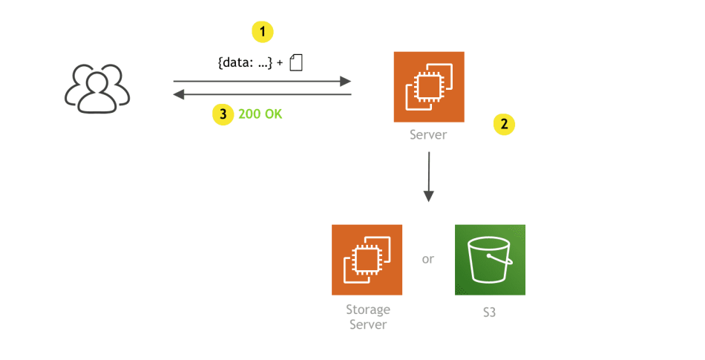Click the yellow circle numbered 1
pos(263,31)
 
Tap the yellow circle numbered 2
pos(504,124)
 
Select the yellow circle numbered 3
pos(223,114)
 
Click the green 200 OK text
pos(260,114)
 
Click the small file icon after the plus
pos(296,62)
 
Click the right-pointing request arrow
pos(261,81)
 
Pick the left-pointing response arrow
pos(261,94)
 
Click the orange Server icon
pos(429,87)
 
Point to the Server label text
pos(429,136)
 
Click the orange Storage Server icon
pos(367,260)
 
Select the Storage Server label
pos(367,317)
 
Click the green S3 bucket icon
pos(490,260)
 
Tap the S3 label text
pos(489,312)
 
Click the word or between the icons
pos(428,259)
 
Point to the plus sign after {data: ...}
pos(279,64)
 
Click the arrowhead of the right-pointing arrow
pos(346,81)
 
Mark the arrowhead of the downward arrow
pos(429,196)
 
